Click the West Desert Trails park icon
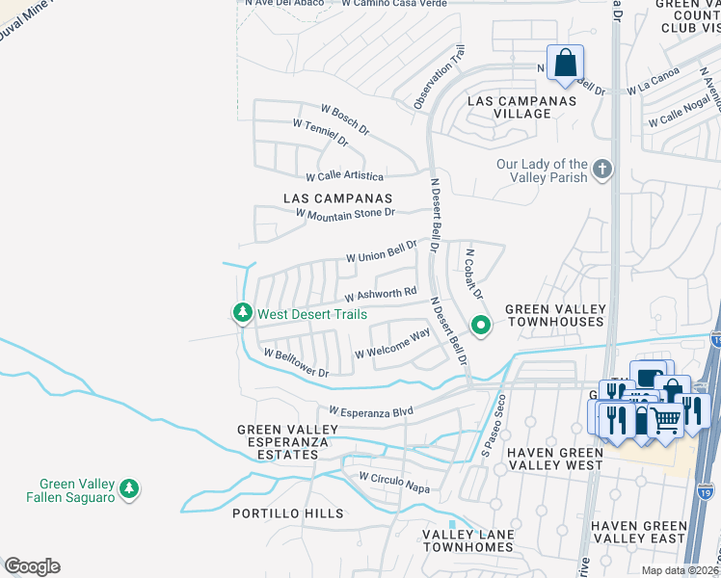[241, 313]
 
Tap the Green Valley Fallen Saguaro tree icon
[128, 489]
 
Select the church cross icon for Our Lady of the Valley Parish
[602, 171]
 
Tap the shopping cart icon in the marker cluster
[665, 420]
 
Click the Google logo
[32, 566]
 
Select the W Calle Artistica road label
[344, 177]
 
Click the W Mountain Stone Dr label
[345, 214]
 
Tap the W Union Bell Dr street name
[382, 252]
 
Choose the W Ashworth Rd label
[380, 292]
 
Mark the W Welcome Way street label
[391, 344]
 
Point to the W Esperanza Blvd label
[370, 410]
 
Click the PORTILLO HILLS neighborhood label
[287, 513]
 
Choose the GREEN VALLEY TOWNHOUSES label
[556, 315]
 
